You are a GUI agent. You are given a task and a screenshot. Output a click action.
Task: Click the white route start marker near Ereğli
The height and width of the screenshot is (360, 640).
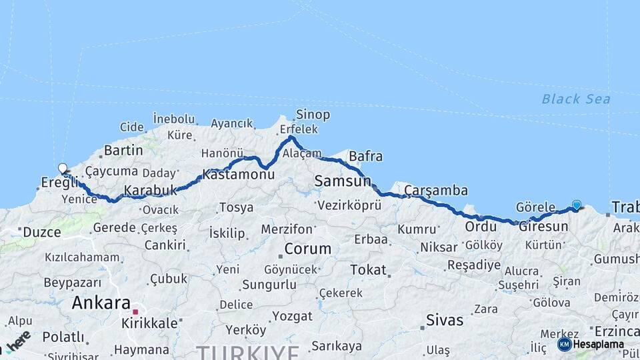(63, 169)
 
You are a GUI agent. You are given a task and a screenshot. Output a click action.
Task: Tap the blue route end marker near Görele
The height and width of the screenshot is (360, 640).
(576, 205)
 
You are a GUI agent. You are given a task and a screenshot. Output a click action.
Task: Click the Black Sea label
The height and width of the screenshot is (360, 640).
(575, 99)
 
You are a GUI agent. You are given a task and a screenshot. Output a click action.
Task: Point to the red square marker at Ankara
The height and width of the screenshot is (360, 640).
(135, 311)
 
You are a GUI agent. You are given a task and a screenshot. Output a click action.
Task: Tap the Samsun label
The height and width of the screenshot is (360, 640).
(343, 181)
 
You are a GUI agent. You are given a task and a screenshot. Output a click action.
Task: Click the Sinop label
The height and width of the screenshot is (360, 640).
(313, 115)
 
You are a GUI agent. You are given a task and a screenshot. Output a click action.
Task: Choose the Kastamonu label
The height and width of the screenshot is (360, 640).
(238, 175)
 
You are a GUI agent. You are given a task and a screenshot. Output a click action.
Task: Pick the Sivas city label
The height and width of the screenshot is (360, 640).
(445, 320)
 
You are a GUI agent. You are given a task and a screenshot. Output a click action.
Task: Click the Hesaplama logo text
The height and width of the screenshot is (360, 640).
(599, 345)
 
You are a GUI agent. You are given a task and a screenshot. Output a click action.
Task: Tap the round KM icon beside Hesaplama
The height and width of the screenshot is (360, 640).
(564, 345)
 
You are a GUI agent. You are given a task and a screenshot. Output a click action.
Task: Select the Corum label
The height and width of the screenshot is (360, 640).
(307, 249)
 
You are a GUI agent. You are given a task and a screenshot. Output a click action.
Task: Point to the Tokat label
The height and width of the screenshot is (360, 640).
(368, 270)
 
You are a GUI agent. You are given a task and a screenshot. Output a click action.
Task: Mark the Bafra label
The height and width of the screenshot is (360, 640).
(365, 157)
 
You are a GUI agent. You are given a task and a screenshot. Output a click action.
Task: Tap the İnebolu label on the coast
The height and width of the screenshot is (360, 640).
(174, 119)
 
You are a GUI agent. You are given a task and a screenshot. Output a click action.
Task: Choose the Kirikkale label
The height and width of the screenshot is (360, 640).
(149, 323)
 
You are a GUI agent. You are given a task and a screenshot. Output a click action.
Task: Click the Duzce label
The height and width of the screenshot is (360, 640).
(41, 233)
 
